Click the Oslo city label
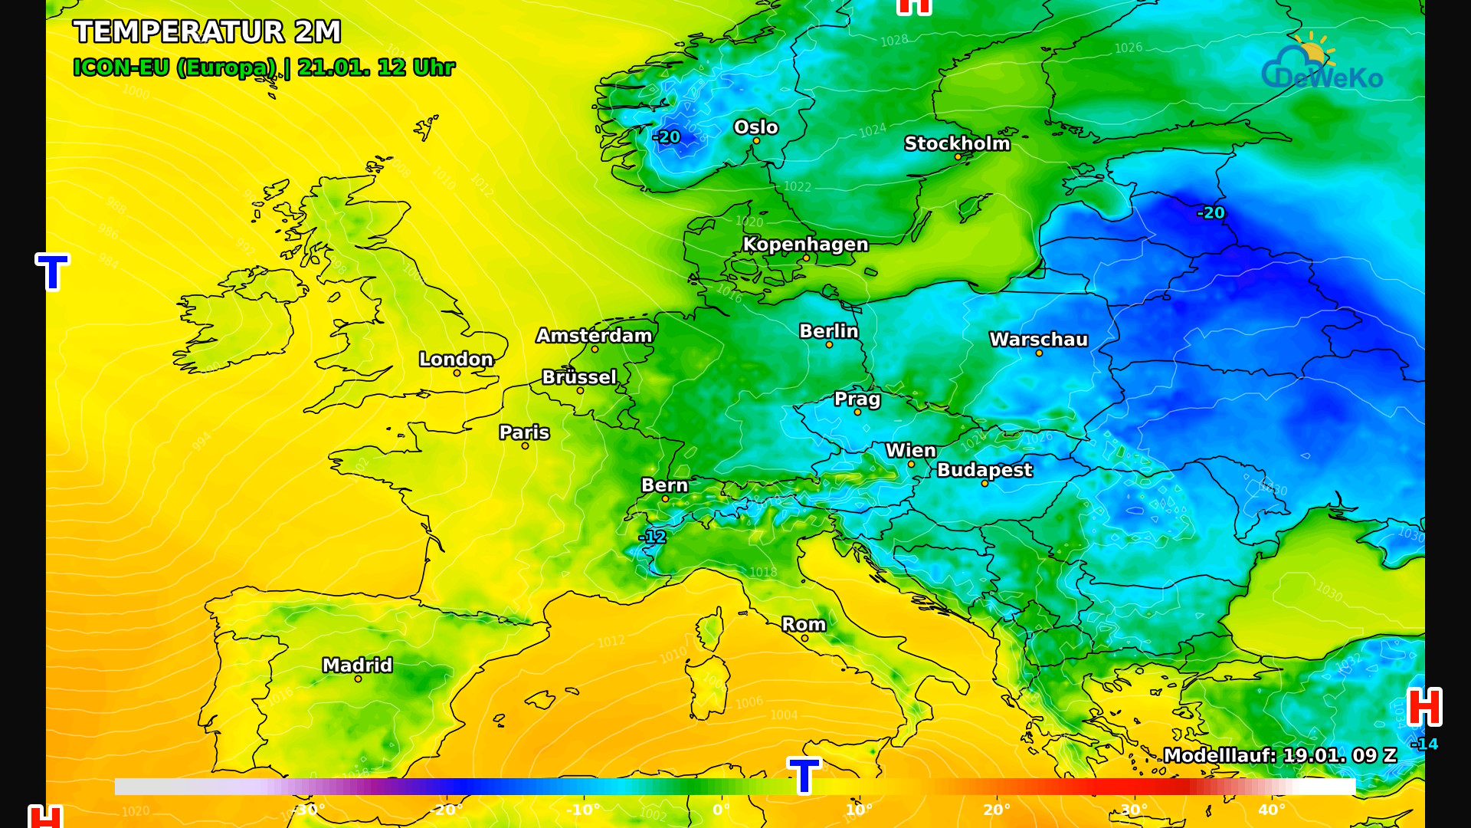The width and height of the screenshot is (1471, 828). (x=755, y=127)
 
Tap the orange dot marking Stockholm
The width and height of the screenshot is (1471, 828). (x=958, y=157)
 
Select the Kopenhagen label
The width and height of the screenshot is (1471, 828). (x=805, y=245)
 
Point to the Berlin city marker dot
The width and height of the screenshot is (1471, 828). (x=829, y=345)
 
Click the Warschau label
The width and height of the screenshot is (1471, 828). (x=1038, y=340)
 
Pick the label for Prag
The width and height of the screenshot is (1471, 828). (x=857, y=399)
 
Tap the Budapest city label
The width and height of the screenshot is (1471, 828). (x=984, y=470)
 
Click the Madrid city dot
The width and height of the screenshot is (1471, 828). (x=358, y=679)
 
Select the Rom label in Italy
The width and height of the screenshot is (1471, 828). (x=804, y=625)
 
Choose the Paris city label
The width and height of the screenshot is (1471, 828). (x=524, y=432)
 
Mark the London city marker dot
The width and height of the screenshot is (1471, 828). (x=457, y=373)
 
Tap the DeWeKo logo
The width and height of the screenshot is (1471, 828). (x=1322, y=63)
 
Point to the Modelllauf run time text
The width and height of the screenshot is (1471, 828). (x=1279, y=756)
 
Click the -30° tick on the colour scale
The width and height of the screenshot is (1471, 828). (x=309, y=810)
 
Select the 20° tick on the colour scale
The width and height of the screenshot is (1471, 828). (x=996, y=810)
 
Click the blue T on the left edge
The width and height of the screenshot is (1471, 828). (x=52, y=272)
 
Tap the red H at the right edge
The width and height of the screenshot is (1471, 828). (x=1424, y=707)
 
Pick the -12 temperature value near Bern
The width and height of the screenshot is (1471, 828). (x=653, y=537)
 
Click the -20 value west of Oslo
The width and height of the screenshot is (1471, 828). (x=666, y=137)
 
